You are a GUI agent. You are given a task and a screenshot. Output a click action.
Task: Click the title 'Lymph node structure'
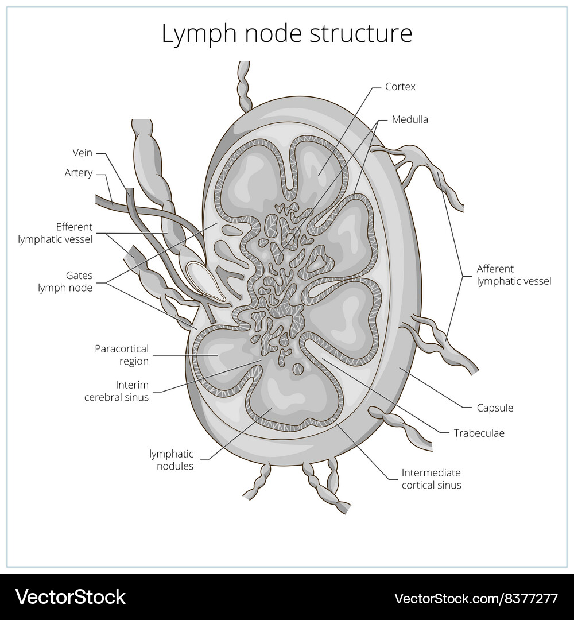point(286,34)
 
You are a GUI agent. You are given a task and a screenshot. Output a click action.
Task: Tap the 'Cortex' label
point(400,87)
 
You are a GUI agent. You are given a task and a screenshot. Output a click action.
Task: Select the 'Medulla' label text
point(410,119)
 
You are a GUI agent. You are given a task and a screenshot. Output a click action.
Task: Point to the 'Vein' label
point(82,153)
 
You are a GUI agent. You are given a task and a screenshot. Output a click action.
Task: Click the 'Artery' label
point(79,173)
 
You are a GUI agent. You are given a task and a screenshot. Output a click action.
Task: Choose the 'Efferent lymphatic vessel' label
point(55,233)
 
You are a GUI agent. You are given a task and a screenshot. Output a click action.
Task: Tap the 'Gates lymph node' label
point(65,282)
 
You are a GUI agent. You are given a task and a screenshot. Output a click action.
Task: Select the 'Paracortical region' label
point(122,355)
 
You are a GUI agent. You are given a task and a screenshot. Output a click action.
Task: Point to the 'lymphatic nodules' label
point(172,460)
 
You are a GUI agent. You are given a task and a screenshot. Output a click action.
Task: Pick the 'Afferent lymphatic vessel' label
point(514,275)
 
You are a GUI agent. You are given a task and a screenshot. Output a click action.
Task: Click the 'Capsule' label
point(495,408)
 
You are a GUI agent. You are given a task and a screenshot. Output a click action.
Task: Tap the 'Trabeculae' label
point(479,433)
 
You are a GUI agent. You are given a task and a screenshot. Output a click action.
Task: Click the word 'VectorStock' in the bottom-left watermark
point(71,597)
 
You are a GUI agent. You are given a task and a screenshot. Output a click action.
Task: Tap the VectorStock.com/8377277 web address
point(476,598)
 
